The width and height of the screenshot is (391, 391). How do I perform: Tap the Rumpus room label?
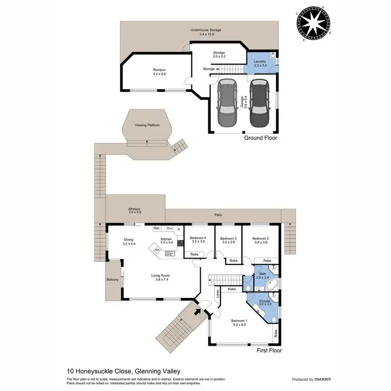[x=160, y=71]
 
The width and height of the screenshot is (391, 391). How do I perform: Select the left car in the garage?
[x=227, y=103]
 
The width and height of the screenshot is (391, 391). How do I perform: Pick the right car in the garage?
[x=259, y=103]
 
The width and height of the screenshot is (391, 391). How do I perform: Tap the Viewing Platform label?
[x=147, y=125]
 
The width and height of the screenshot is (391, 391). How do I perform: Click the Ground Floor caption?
[x=261, y=139]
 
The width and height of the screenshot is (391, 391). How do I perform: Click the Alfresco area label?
[x=135, y=210]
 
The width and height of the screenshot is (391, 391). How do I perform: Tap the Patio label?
[x=218, y=214]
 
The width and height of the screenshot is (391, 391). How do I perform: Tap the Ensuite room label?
[x=265, y=302]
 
